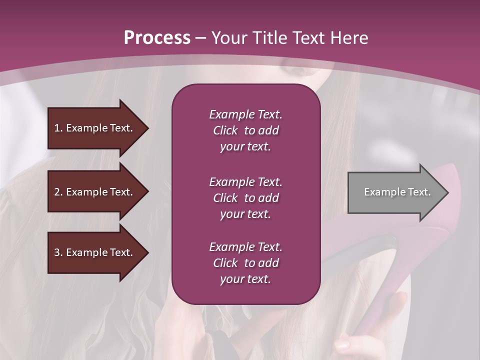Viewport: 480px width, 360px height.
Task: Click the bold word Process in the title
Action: pyautogui.click(x=157, y=38)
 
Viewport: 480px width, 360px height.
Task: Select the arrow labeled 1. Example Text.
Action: pyautogui.click(x=95, y=128)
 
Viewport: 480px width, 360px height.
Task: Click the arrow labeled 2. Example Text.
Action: pyautogui.click(x=95, y=192)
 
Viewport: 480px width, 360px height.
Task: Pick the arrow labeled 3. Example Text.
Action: pyautogui.click(x=95, y=252)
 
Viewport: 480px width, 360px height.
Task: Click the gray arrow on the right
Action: pyautogui.click(x=395, y=192)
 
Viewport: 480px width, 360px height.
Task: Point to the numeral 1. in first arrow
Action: pyautogui.click(x=58, y=128)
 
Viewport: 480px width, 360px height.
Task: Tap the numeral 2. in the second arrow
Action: pyautogui.click(x=58, y=192)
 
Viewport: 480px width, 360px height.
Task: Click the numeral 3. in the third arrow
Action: pyautogui.click(x=58, y=252)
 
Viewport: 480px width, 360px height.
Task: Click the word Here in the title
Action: pyautogui.click(x=350, y=38)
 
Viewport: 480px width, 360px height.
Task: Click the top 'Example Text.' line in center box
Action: pyautogui.click(x=245, y=114)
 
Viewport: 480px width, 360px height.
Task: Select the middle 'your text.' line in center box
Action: pyautogui.click(x=245, y=214)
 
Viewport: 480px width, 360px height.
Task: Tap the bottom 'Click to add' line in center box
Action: pyautogui.click(x=245, y=263)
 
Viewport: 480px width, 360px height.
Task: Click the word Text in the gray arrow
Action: pyautogui.click(x=419, y=192)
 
